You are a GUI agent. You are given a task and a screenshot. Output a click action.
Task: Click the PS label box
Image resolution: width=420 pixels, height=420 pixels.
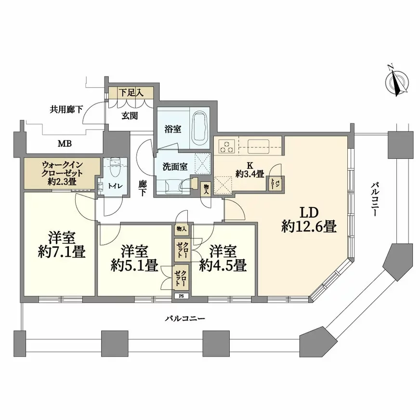pos(182,296)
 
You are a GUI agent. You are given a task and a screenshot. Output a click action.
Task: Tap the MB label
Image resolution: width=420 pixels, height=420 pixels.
pos(65,144)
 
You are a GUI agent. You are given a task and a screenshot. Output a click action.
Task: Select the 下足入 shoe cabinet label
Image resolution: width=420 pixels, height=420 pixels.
pos(131,93)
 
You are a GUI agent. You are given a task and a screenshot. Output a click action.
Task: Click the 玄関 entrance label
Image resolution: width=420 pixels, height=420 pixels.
pos(130,116)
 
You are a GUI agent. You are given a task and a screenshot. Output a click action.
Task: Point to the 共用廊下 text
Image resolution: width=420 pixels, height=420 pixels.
pos(66,109)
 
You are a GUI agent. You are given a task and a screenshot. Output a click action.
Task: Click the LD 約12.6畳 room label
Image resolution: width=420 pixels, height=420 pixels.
pos(309,220)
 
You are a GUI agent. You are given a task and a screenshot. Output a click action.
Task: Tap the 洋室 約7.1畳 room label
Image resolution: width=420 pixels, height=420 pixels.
pos(62,245)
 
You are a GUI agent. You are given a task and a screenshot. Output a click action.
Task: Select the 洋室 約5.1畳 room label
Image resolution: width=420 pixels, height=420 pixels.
pos(134,258)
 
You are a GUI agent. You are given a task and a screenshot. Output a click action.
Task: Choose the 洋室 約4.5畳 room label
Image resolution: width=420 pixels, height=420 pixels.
pos(223,258)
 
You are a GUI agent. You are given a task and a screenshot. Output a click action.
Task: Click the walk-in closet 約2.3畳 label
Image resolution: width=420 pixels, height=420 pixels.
pos(62,173)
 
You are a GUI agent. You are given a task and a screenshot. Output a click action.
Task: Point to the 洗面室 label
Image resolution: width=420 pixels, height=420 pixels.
pos(175,167)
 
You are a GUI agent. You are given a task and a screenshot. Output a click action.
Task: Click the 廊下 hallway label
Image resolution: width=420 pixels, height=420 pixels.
pos(142,188)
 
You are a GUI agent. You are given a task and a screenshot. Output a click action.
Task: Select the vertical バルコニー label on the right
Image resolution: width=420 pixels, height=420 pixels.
pos(374,199)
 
